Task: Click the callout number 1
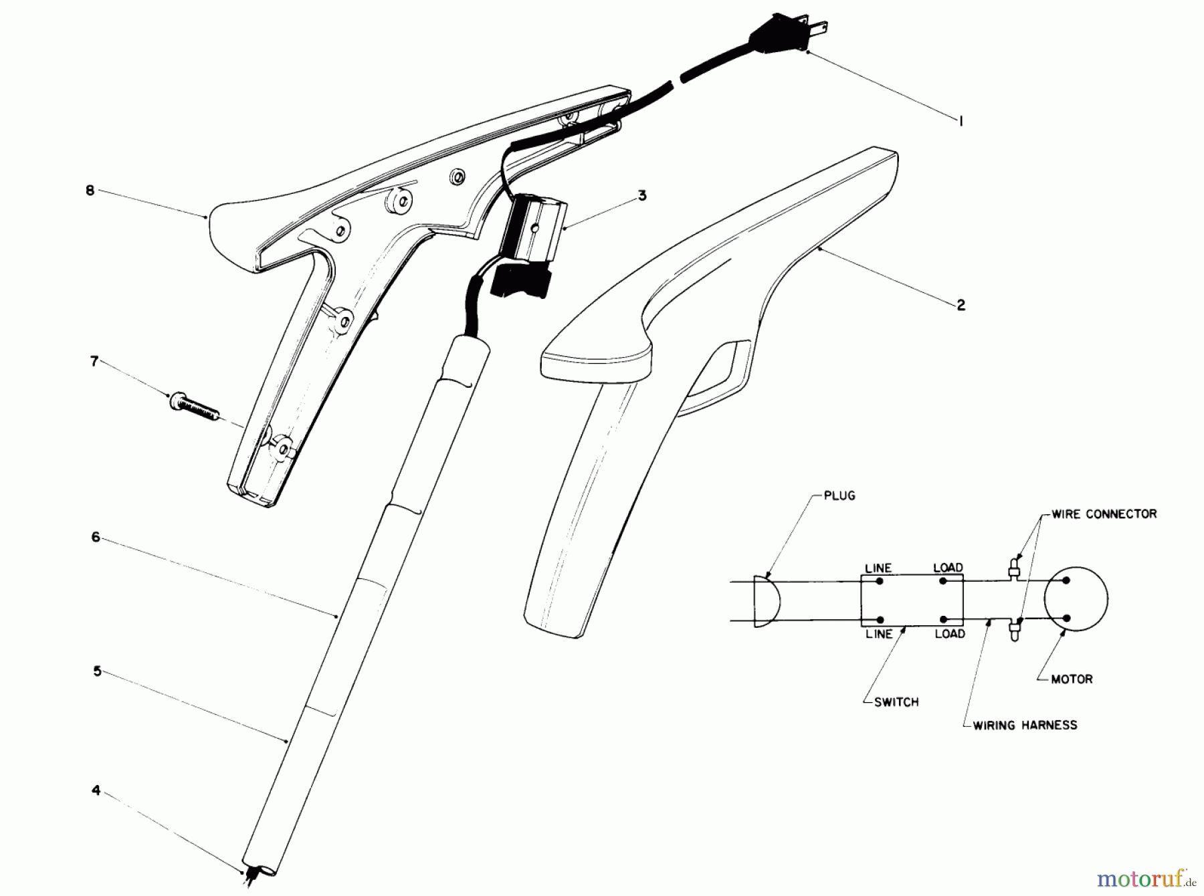961,121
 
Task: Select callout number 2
961,305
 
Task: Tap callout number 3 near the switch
641,196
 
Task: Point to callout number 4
96,791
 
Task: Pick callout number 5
97,671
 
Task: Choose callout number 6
96,537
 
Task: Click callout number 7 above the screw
94,362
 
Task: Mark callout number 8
90,190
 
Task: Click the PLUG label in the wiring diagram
839,496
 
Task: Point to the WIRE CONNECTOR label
1104,514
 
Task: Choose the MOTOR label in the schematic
1072,679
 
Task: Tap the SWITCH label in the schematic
896,702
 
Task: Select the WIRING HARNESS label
1025,725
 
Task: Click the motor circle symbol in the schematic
1076,599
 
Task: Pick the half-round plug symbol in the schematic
766,600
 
